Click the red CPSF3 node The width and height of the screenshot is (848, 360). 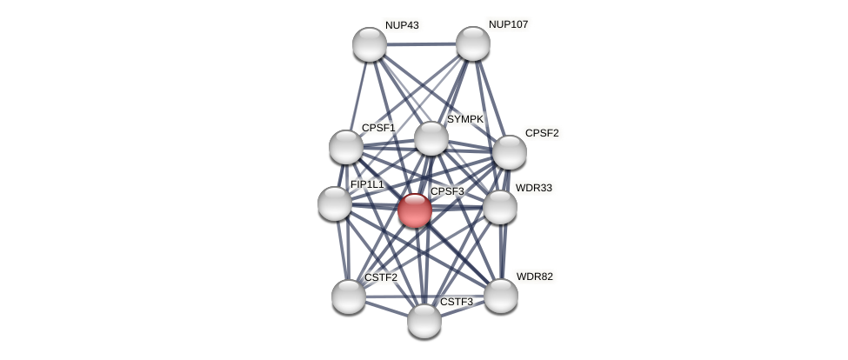click(x=415, y=210)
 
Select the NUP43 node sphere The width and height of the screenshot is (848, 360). click(x=370, y=44)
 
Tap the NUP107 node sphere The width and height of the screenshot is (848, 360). click(x=473, y=43)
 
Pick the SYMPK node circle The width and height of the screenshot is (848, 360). click(x=431, y=138)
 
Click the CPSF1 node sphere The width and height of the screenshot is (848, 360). click(x=346, y=147)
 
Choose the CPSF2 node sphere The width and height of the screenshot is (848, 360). click(x=510, y=152)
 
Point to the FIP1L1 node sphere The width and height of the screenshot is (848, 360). click(x=335, y=203)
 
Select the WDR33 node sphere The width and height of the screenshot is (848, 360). click(x=500, y=207)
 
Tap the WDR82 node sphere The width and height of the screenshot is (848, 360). click(x=501, y=296)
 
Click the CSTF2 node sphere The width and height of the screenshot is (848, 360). click(x=349, y=297)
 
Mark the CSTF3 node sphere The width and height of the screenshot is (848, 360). click(x=424, y=321)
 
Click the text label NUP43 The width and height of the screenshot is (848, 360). click(x=402, y=25)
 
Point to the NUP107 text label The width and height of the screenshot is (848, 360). click(x=508, y=24)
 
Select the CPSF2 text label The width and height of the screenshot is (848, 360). click(x=542, y=133)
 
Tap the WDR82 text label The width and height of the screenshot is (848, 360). click(x=534, y=277)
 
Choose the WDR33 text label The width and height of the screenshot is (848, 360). click(x=533, y=188)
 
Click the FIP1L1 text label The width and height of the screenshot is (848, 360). click(x=366, y=184)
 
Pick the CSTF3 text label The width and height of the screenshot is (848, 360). click(x=457, y=302)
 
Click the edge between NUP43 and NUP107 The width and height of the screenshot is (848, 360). click(x=421, y=43)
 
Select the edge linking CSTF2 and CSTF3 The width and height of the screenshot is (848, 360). click(x=386, y=309)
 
